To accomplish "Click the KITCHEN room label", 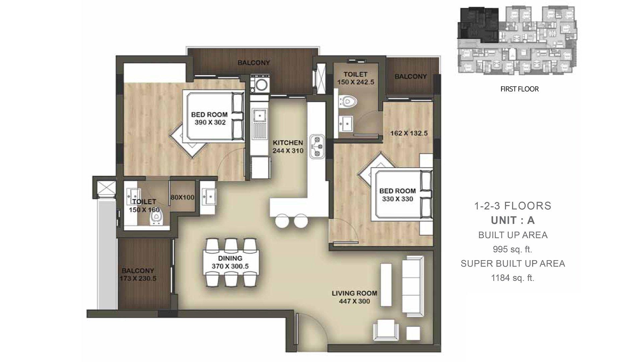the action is (x=288, y=143).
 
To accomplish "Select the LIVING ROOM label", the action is (x=354, y=293).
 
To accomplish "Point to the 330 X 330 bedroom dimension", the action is (x=398, y=199).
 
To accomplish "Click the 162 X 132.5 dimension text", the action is (x=409, y=133).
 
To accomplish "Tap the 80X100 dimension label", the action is (x=182, y=197).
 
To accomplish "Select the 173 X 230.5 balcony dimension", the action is (x=138, y=278).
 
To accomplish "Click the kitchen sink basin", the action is (x=260, y=116).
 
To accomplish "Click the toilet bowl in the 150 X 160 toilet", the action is (x=155, y=220).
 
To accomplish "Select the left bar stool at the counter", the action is (x=282, y=221).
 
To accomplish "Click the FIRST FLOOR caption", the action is (x=519, y=89).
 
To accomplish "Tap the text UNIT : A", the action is (x=513, y=220).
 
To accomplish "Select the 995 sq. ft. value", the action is (x=512, y=249).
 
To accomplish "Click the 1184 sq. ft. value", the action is (x=512, y=278).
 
